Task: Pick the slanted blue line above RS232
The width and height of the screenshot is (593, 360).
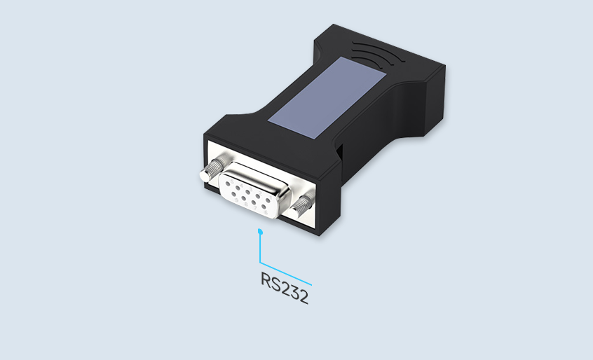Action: pos(286,274)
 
